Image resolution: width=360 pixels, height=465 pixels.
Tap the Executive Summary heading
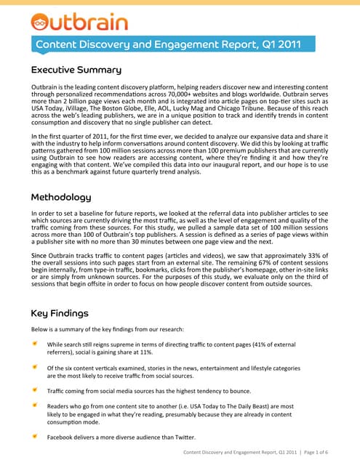(x=76, y=70)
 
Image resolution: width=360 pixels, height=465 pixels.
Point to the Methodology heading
(x=71, y=197)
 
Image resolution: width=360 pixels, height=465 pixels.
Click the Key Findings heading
(x=60, y=313)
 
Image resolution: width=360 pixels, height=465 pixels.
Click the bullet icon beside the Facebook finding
(x=35, y=437)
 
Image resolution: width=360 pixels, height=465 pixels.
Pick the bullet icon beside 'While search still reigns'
(x=35, y=343)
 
